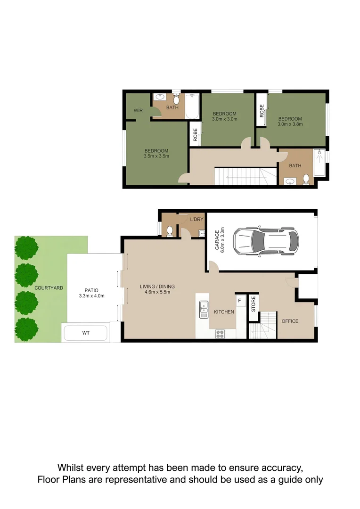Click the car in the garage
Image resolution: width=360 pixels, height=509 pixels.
pyautogui.click(x=266, y=241)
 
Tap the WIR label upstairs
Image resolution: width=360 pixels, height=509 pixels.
pyautogui.click(x=138, y=111)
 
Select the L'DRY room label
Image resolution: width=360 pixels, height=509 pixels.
pyautogui.click(x=196, y=220)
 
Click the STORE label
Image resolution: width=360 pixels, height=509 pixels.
pyautogui.click(x=253, y=304)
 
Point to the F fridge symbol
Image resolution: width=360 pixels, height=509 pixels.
pyautogui.click(x=239, y=301)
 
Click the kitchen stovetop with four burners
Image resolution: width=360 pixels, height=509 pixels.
pyautogui.click(x=220, y=334)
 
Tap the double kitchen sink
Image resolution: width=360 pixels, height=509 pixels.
pyautogui.click(x=204, y=309)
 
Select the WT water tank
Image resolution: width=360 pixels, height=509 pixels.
pyautogui.click(x=86, y=333)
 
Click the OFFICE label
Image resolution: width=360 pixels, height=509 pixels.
pyautogui.click(x=290, y=321)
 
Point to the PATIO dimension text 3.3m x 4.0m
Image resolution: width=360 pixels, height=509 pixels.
pyautogui.click(x=91, y=296)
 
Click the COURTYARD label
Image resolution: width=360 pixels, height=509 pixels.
pyautogui.click(x=49, y=288)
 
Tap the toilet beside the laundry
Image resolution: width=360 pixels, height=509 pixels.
pyautogui.click(x=170, y=231)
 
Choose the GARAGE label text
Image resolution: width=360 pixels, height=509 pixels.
pyautogui.click(x=217, y=240)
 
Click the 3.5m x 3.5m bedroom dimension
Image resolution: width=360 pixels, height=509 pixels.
pyautogui.click(x=156, y=156)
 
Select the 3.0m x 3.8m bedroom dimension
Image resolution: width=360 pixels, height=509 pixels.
pyautogui.click(x=290, y=124)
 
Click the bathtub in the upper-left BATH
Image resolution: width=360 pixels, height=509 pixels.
pyautogui.click(x=192, y=106)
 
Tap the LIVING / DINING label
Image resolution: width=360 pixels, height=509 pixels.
pyautogui.click(x=157, y=287)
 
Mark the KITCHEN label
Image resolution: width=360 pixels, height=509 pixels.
pyautogui.click(x=224, y=312)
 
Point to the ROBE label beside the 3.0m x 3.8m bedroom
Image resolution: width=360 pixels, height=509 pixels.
pyautogui.click(x=262, y=111)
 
